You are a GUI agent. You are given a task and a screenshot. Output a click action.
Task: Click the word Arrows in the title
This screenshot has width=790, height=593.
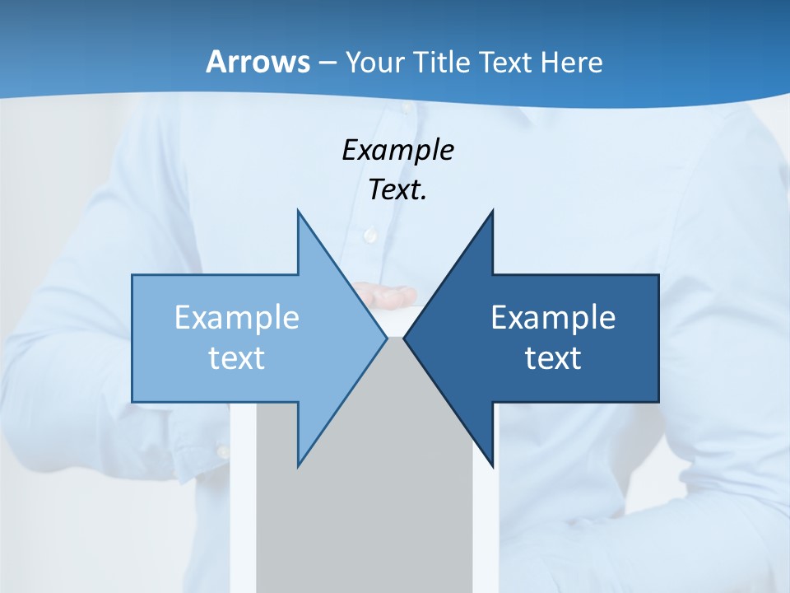pyautogui.click(x=258, y=62)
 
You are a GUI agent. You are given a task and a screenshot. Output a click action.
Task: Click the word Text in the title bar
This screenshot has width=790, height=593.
pyautogui.click(x=504, y=63)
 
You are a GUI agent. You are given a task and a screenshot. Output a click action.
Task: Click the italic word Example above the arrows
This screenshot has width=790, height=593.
pyautogui.click(x=398, y=150)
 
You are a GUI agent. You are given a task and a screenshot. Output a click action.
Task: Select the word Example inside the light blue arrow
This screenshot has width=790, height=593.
pyautogui.click(x=237, y=317)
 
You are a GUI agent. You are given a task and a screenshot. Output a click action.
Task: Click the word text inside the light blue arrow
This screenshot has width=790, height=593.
pyautogui.click(x=237, y=358)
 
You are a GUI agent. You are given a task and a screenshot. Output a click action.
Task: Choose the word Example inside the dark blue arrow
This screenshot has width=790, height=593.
pyautogui.click(x=553, y=317)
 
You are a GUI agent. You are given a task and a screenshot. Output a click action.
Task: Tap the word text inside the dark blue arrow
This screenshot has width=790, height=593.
pyautogui.click(x=553, y=358)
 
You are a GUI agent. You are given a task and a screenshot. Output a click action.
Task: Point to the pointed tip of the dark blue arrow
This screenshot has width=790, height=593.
pyautogui.click(x=405, y=338)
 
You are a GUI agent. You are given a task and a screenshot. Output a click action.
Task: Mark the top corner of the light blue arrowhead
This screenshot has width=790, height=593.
pyautogui.click(x=298, y=212)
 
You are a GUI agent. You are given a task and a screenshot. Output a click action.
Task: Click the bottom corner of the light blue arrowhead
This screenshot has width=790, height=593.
pyautogui.click(x=298, y=465)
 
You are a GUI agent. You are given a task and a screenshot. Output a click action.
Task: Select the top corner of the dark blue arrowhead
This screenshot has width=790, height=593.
pyautogui.click(x=492, y=212)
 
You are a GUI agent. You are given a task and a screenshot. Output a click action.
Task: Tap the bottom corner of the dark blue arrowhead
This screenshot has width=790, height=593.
pyautogui.click(x=492, y=465)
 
